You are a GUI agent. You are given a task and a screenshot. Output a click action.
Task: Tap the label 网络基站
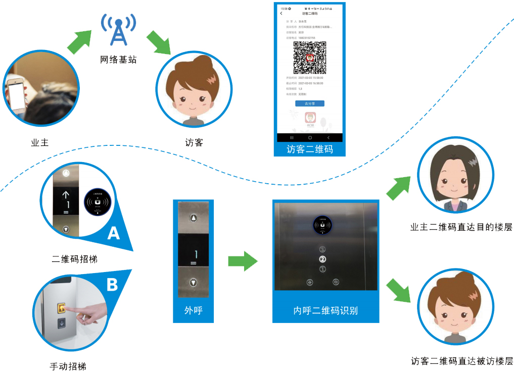coord(118,60)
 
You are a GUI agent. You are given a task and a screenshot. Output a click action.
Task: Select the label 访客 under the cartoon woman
coord(194,142)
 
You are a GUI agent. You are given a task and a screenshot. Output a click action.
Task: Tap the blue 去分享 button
coord(309,103)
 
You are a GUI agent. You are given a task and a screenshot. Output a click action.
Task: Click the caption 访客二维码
coord(309,149)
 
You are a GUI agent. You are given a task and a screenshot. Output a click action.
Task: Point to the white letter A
coord(114,233)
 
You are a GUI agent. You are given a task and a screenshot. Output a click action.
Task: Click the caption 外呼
coord(194,310)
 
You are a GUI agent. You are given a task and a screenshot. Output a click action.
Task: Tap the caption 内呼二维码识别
coord(325,310)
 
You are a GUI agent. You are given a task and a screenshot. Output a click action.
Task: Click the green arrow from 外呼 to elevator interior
coord(243,261)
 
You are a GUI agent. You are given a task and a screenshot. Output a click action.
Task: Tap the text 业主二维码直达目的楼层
coord(461,228)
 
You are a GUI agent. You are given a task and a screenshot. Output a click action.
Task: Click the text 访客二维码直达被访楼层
coord(461,361)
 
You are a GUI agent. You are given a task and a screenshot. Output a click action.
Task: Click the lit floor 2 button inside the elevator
coord(322,259)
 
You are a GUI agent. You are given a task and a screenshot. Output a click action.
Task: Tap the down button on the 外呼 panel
coord(194,283)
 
